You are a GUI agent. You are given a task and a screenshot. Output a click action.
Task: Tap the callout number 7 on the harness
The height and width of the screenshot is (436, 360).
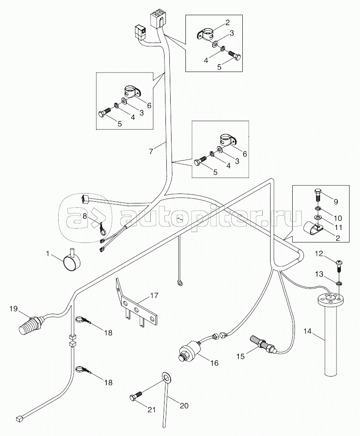click(x=151, y=151)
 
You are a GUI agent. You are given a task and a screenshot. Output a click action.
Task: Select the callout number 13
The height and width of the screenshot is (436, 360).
click(x=319, y=275)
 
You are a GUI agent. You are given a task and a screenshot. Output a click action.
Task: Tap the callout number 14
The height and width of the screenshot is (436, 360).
click(x=307, y=331)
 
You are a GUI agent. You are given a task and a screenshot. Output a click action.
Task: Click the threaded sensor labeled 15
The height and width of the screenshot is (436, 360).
click(x=264, y=344)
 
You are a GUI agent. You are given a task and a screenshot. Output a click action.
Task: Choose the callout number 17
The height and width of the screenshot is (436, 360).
click(x=154, y=295)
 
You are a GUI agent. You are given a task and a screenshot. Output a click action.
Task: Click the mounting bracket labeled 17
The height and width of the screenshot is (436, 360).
click(x=136, y=305)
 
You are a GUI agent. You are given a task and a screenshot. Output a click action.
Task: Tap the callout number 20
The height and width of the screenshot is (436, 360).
click(x=184, y=406)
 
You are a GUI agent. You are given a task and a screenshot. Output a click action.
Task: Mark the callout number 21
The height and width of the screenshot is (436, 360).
click(x=152, y=410)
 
